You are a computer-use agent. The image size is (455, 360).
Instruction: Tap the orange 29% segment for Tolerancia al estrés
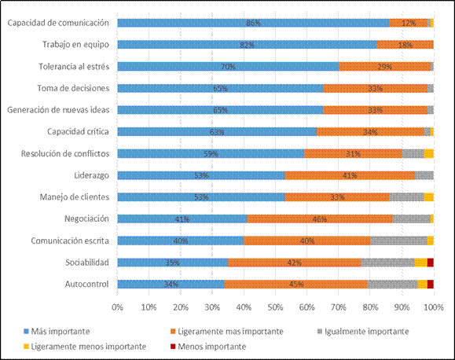click(x=384, y=67)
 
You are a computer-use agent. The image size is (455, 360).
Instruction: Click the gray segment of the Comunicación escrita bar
click(x=398, y=241)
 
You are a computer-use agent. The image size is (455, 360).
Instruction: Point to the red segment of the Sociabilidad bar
click(x=430, y=263)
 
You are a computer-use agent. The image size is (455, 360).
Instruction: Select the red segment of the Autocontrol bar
click(x=430, y=284)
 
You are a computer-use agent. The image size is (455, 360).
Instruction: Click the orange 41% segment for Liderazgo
click(x=350, y=175)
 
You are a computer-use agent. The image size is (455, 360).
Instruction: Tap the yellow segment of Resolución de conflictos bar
click(x=429, y=153)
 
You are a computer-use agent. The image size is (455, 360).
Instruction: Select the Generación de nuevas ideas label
click(x=63, y=110)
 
